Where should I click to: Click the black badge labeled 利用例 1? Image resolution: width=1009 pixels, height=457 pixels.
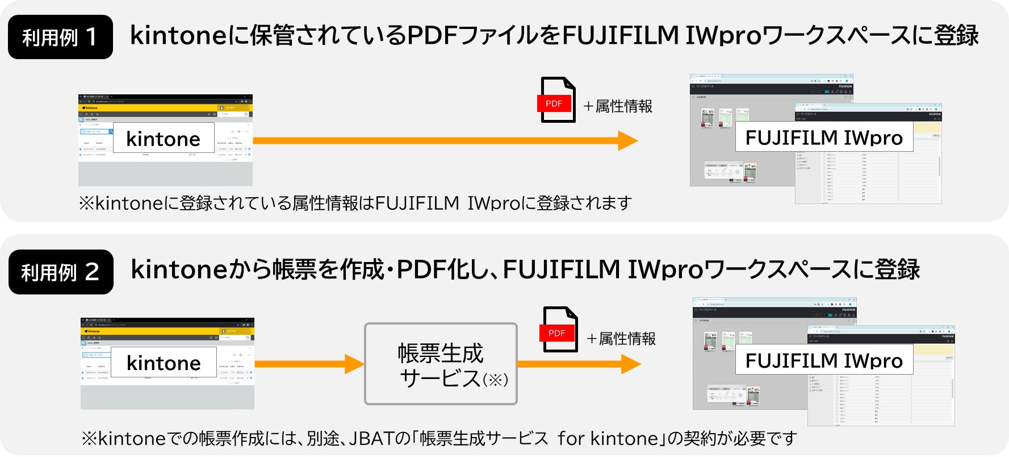tap(60, 38)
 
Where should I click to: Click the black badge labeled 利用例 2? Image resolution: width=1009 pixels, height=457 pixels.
tap(61, 272)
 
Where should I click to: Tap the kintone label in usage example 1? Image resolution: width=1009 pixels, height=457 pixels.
tap(164, 138)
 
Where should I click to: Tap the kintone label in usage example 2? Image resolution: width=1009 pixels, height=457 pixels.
tap(164, 362)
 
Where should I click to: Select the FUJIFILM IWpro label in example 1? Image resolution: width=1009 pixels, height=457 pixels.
tap(824, 137)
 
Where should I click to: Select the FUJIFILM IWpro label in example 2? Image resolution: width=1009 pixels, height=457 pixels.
tap(824, 360)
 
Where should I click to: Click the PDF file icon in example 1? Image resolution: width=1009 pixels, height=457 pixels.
tap(556, 100)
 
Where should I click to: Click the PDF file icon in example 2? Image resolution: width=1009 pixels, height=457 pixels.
tap(559, 330)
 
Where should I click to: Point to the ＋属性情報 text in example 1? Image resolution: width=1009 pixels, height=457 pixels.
tap(618, 106)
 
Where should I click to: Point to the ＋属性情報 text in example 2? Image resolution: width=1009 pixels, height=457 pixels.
tap(621, 339)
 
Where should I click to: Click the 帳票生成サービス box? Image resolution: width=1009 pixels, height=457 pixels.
tap(441, 364)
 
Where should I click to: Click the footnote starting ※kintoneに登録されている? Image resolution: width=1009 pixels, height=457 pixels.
tap(355, 203)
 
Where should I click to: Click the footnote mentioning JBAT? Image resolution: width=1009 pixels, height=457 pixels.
tap(439, 438)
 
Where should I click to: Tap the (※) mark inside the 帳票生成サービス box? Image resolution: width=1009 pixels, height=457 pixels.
tap(495, 380)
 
